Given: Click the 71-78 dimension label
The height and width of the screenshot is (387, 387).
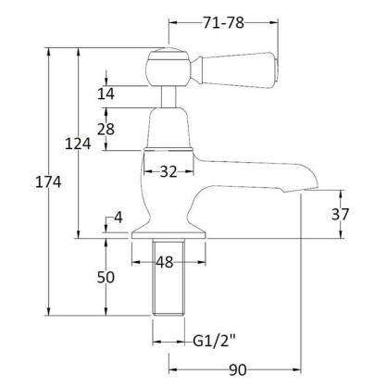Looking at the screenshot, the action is click(x=223, y=22).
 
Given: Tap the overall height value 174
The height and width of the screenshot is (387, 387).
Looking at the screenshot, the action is click(x=48, y=182).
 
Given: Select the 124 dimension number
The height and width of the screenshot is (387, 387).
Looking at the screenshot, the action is click(x=78, y=144).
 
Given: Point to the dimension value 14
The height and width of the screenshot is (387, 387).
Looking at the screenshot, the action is click(x=106, y=94).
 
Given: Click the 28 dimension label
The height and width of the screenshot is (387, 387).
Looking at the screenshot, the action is click(x=106, y=129).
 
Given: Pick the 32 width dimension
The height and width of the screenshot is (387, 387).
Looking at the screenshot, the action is click(x=169, y=171).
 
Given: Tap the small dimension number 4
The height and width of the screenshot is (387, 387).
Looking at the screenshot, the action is click(x=119, y=218).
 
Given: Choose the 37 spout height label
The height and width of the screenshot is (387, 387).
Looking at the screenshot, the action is click(x=341, y=214).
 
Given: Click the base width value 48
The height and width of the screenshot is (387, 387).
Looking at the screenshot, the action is click(x=165, y=262).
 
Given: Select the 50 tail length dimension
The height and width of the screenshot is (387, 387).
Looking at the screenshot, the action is click(x=106, y=277).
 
